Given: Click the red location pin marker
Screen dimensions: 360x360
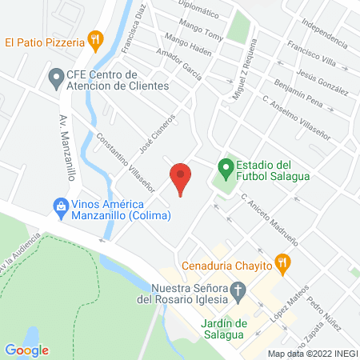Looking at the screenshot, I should pos(181,178).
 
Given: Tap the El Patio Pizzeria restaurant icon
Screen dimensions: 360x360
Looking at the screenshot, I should pos(96,39).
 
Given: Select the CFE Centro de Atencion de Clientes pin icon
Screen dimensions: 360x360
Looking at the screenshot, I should pos(56,78).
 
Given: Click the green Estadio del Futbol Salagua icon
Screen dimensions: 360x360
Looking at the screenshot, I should pos(226,168).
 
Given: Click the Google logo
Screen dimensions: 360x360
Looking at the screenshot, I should pos(26,350).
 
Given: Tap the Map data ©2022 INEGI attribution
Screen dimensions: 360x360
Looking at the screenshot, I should pos(311,353).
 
